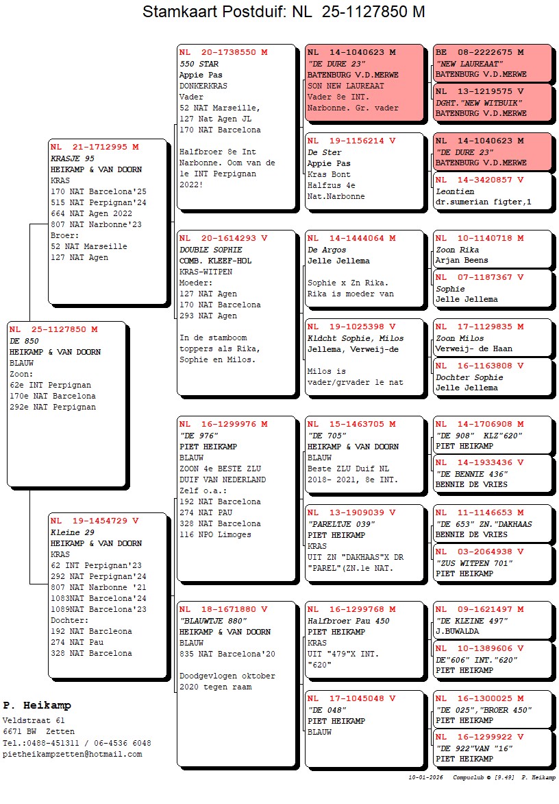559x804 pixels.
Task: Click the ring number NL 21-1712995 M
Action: coord(95,147)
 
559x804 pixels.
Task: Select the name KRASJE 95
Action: coord(73,158)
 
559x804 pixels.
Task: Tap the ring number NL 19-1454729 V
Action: coord(95,521)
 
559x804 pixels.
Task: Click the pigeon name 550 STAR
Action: coord(199,64)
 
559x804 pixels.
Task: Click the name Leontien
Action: coord(455,191)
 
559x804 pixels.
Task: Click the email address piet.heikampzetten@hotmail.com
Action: coord(73,754)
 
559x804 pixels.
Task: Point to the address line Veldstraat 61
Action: coord(34,720)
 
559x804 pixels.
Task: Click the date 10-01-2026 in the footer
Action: coord(425,778)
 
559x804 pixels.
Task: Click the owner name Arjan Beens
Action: coord(462,261)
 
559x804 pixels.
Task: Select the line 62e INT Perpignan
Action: coord(50,385)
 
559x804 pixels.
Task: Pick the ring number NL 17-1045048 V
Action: coord(351,698)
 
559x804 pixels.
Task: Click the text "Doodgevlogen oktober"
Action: coord(227,676)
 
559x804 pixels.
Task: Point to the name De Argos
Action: coord(326,250)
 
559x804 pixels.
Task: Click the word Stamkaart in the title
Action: coord(175,12)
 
